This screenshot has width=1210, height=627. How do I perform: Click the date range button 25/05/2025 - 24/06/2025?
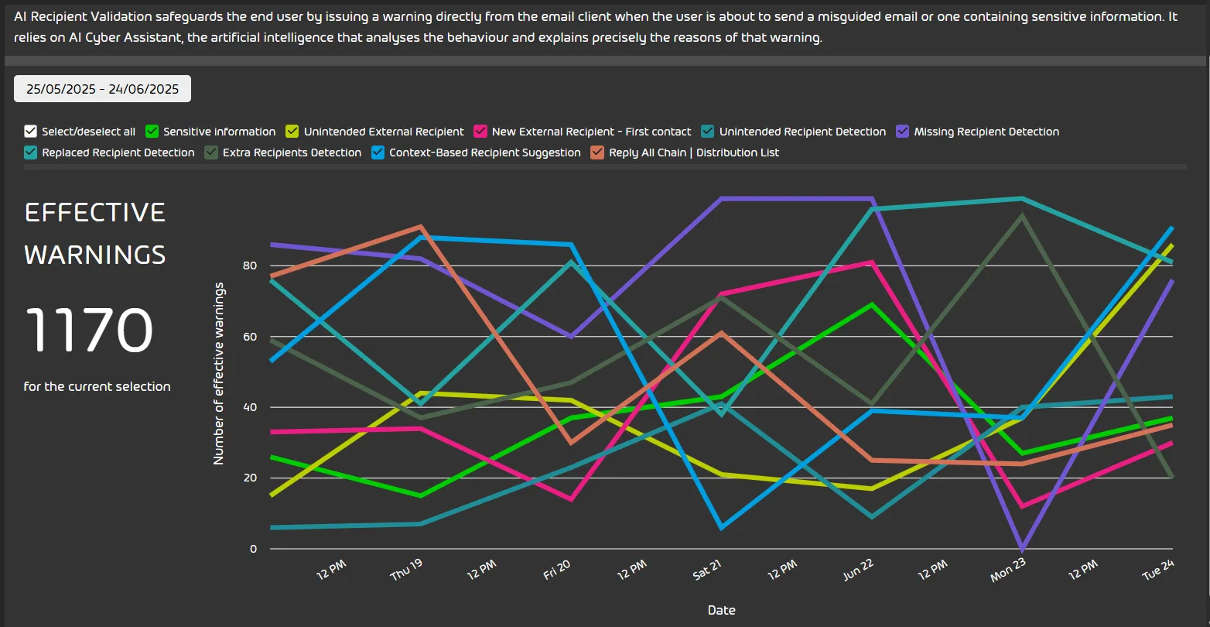[102, 89]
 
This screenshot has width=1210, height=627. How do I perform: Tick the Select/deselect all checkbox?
[31, 132]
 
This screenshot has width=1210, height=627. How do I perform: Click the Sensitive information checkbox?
[152, 132]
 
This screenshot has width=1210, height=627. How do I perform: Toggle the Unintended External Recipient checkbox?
[292, 132]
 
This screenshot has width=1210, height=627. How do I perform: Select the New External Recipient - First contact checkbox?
[480, 132]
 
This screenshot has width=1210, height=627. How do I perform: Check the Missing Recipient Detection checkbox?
[903, 132]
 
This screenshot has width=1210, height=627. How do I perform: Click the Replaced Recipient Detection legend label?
[118, 152]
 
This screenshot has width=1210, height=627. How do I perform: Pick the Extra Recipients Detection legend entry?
[292, 152]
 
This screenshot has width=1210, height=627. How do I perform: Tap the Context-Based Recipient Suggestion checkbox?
[378, 152]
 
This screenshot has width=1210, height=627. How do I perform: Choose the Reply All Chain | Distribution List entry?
[693, 152]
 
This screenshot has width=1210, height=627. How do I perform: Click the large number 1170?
[89, 331]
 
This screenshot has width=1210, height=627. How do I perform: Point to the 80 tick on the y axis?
[250, 266]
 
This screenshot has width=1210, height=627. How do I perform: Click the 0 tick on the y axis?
[253, 549]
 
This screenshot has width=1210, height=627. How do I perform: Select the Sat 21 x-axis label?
[707, 570]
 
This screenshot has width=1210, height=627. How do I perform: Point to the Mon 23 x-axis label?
[1008, 570]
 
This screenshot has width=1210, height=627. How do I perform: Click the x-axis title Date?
[721, 610]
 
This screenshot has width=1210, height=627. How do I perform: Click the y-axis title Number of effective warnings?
[219, 374]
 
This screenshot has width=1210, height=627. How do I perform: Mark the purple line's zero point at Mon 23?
[1023, 548]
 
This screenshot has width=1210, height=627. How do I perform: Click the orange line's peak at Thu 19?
[421, 226]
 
